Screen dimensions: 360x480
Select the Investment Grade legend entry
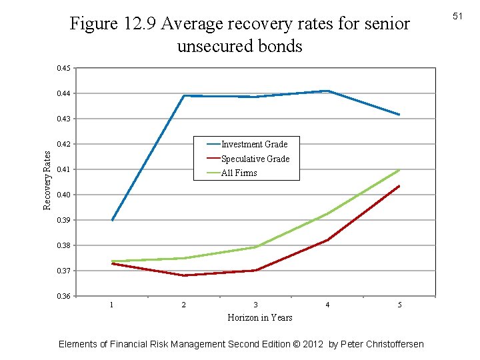tap(254, 144)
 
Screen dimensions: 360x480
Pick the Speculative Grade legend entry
tap(255, 159)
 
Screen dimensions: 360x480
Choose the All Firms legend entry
tap(239, 173)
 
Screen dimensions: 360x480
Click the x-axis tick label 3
tap(255, 305)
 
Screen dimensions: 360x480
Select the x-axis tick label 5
tap(399, 305)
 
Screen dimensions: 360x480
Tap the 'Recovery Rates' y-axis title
tap(47, 179)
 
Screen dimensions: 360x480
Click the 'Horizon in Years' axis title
tap(260, 317)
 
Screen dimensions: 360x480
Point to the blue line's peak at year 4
tap(327, 91)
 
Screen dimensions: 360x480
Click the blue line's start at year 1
tap(112, 220)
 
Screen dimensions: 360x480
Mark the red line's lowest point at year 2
tap(184, 275)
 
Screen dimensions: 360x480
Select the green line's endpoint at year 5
tap(399, 169)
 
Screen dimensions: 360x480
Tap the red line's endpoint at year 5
tap(399, 186)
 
